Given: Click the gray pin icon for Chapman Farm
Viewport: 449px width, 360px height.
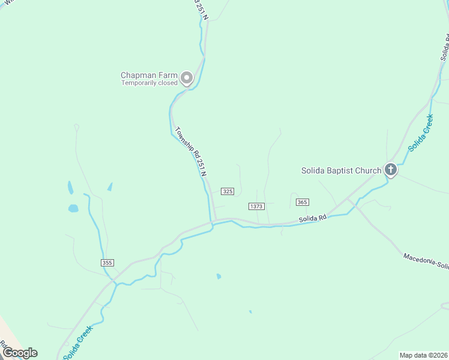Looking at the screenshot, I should click(187, 77).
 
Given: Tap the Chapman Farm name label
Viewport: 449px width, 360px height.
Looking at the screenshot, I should click(149, 75).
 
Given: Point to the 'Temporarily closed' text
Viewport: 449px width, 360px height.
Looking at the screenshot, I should click(149, 83).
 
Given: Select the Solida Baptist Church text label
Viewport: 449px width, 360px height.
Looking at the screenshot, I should click(341, 170).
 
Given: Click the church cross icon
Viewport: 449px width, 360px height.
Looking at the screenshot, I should click(390, 170).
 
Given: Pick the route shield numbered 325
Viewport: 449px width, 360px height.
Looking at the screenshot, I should click(227, 191).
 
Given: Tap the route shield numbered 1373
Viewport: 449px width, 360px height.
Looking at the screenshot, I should click(256, 206).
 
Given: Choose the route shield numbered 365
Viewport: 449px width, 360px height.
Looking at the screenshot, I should click(302, 202).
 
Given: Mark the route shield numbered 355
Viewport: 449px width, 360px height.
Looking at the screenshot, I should click(107, 263).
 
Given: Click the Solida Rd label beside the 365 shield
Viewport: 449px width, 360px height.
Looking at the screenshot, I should click(313, 218).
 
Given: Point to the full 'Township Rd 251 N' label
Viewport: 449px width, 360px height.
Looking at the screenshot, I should click(191, 151).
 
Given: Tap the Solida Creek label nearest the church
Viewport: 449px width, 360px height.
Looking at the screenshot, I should click(420, 133).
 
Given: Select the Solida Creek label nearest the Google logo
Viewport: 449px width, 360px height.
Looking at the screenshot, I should click(78, 343).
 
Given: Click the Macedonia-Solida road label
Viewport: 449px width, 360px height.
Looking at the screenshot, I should click(426, 261).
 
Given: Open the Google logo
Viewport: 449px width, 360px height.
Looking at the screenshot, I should click(20, 353).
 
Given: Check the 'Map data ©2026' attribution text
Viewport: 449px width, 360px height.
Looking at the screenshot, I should click(423, 355).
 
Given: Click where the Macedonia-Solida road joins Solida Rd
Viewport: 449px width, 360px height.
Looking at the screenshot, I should click(349, 200).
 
